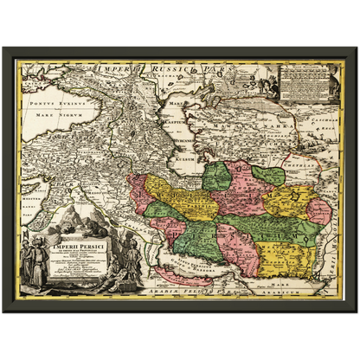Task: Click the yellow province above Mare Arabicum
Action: [290, 254]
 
